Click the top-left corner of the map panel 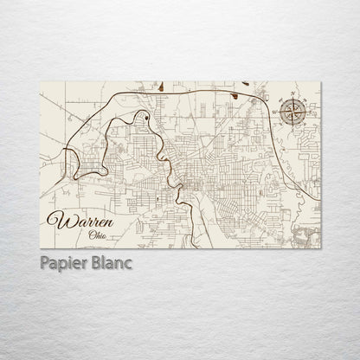tap(41, 79)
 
